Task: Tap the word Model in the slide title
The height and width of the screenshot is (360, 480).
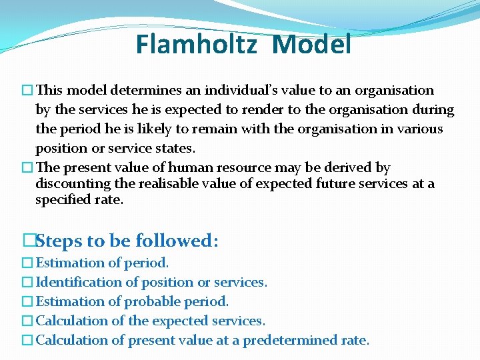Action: click(x=312, y=45)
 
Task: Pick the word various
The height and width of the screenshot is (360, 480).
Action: click(x=418, y=129)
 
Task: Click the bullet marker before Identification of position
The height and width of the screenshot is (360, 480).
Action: click(x=27, y=283)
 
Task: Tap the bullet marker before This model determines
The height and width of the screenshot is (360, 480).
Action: click(x=27, y=91)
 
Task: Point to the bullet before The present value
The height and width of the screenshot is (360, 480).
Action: click(x=27, y=168)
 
